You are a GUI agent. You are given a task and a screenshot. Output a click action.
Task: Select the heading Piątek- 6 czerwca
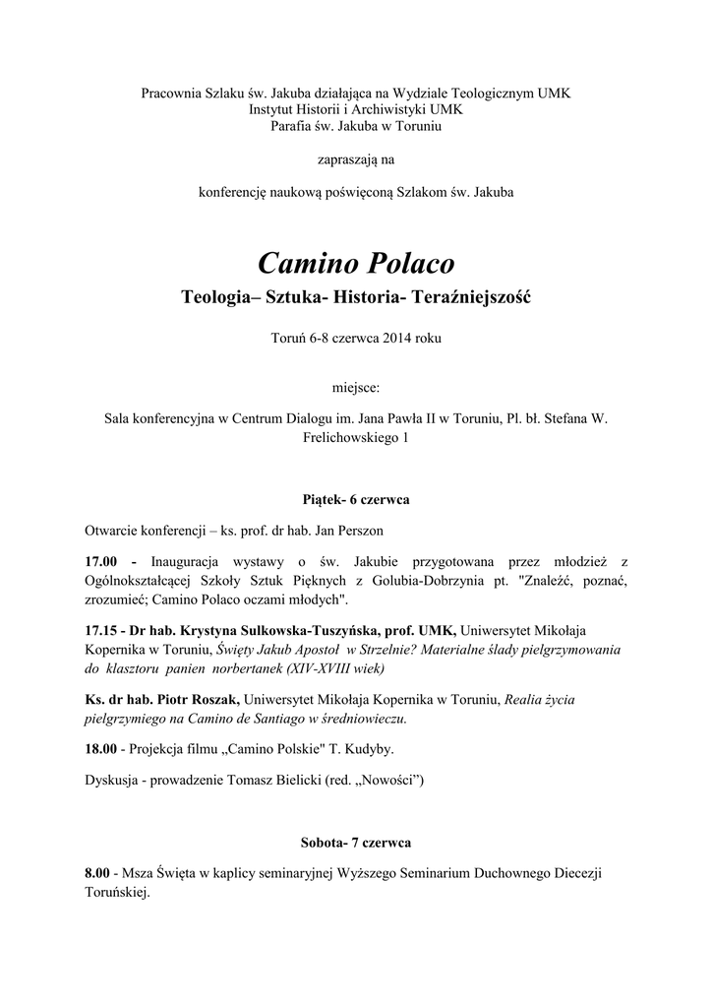[x=356, y=500]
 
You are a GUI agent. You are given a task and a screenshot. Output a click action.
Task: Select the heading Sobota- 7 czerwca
[x=356, y=844]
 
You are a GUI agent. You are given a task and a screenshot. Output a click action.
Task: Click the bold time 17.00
[x=102, y=560]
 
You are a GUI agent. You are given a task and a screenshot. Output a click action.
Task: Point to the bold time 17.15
[x=102, y=629]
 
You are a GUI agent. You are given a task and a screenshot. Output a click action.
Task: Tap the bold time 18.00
[x=102, y=749]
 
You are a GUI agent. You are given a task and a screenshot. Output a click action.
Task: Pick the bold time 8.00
[x=98, y=873]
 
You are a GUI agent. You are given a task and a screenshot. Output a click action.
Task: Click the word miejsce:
[x=356, y=388]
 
